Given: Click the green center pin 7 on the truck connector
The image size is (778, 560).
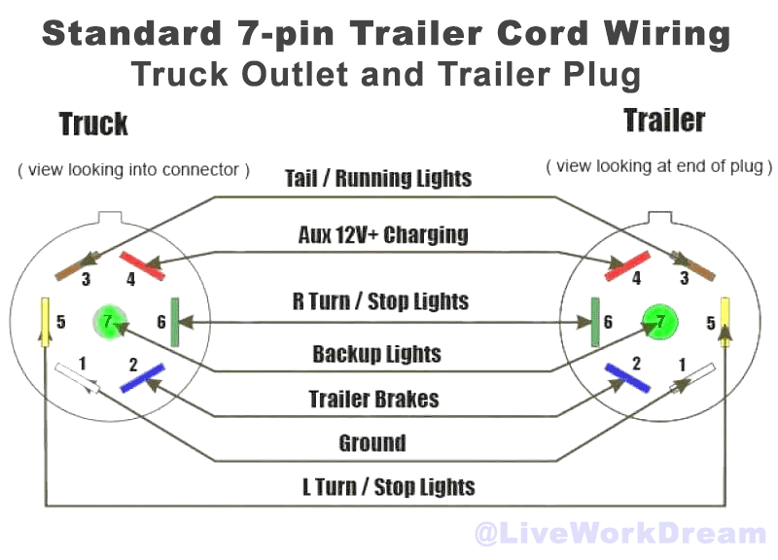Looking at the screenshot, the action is tap(110, 322).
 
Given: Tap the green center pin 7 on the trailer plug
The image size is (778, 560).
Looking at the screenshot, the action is tap(660, 322).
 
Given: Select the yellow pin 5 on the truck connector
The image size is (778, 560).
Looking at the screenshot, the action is tap(45, 322).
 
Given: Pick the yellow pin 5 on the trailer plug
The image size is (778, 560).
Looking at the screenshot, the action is tap(725, 322).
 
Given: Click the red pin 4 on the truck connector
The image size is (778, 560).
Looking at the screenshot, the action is tap(142, 265).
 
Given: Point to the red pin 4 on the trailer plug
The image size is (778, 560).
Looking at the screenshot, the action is tap(627, 265).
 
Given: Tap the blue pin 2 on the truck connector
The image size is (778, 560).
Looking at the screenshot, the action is tap(142, 378).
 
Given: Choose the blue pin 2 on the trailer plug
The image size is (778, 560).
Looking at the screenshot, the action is tap(627, 378).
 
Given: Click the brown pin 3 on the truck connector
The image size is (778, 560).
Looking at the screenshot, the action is tap(78, 266).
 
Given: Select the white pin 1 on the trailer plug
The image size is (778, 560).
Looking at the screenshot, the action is tap(692, 378).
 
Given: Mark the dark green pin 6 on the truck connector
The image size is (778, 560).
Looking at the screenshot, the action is tap(175, 322).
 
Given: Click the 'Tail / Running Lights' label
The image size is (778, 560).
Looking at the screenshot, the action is tap(378, 179).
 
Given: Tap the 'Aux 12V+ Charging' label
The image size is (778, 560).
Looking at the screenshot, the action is tap(383, 234).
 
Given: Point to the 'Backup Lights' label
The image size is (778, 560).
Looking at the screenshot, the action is tap(376, 354).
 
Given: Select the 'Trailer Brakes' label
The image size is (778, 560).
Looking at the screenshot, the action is tap(374, 399).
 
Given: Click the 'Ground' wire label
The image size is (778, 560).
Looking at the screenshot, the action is tap(372, 443).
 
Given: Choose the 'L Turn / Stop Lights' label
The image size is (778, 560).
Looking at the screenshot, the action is tap(389, 487).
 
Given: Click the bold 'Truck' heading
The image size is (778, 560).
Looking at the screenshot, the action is tap(93, 124).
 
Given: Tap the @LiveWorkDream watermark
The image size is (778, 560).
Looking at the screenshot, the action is tap(620, 534).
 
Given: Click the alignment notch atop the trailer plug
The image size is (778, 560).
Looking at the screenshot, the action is tap(660, 218).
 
